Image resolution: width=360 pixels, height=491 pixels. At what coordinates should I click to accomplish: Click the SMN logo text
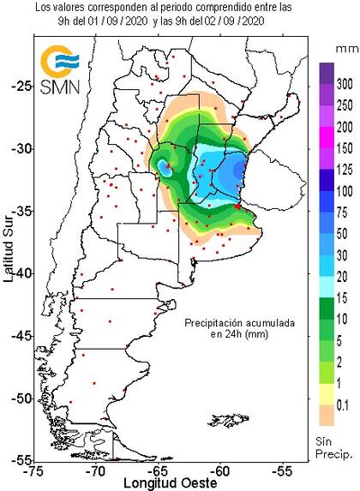coord(57,89)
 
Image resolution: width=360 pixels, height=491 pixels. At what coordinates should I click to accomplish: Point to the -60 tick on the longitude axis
coord(220,470)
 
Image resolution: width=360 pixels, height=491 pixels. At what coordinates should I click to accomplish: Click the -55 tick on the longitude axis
coord(282,470)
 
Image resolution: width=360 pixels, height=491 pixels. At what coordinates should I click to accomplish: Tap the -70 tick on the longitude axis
coord(98,470)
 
